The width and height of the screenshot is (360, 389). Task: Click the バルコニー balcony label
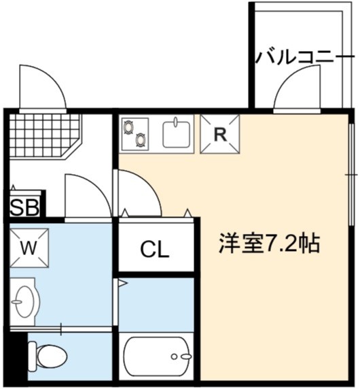[305, 56]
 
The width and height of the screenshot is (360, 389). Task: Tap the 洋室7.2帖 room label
[269, 243]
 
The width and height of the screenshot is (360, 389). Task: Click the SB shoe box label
[24, 207]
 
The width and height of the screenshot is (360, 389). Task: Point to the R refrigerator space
[220, 134]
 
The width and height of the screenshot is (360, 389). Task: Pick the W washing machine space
[29, 248]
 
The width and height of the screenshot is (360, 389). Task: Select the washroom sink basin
[24, 302]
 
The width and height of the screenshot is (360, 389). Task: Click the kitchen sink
[176, 135]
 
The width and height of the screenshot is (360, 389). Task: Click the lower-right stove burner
[141, 140]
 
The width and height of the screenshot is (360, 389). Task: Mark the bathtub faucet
[183, 356]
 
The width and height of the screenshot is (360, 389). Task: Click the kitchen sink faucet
[176, 122]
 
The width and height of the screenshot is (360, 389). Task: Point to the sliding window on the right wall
[351, 175]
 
